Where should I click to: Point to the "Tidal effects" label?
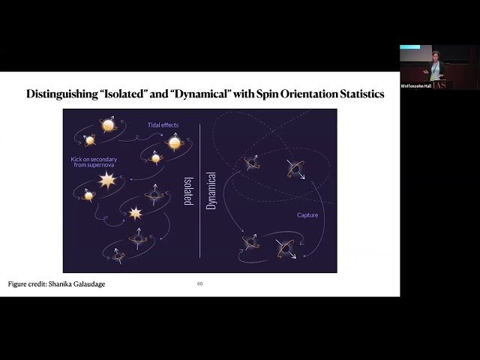[x=163, y=124]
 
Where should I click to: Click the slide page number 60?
[x=200, y=283]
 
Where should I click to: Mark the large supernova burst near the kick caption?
[x=108, y=181]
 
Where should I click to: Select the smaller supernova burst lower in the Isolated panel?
[x=136, y=213]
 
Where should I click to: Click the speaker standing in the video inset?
[x=436, y=67]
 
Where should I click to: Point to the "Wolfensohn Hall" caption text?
[x=415, y=85]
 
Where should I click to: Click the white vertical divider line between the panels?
[x=200, y=225]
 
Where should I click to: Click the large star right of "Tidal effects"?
[x=175, y=142]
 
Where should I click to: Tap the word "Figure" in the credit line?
[x=17, y=284]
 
